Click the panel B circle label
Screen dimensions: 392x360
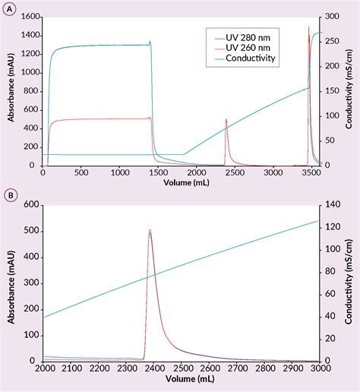pyautogui.click(x=10, y=194)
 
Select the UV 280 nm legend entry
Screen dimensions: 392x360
pyautogui.click(x=242, y=36)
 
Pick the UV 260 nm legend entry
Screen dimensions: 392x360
pyautogui.click(x=242, y=46)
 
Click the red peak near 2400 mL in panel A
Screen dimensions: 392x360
pyautogui.click(x=226, y=120)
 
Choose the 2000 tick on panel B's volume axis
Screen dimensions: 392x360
pyautogui.click(x=44, y=368)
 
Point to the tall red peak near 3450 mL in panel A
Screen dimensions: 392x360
pyautogui.click(x=308, y=28)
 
